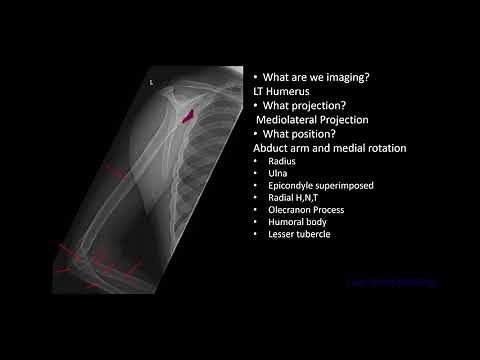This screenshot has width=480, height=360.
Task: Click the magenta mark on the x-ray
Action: pyautogui.click(x=186, y=115)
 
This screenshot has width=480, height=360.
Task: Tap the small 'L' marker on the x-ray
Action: pyautogui.click(x=151, y=83)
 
